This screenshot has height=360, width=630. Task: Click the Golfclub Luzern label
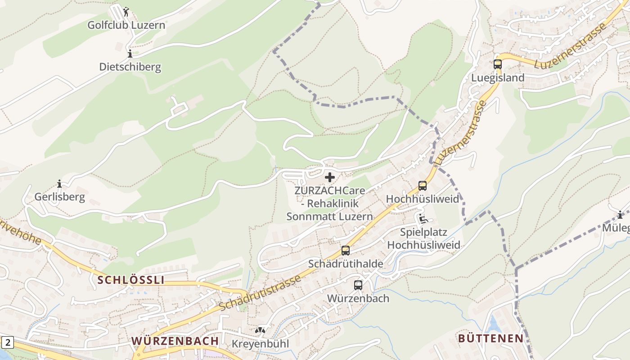point(126,25)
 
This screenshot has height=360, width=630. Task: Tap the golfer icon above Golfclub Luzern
point(126,12)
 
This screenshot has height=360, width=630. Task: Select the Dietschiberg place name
point(130,67)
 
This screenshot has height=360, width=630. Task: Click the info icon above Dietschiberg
point(130,54)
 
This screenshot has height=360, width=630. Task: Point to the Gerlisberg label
point(59,197)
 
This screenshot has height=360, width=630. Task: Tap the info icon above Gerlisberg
point(59,184)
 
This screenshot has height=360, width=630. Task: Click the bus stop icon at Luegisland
point(497,64)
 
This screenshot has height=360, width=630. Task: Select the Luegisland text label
point(497,78)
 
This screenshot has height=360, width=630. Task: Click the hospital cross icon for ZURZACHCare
point(330,177)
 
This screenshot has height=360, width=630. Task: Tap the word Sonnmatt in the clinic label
point(307,216)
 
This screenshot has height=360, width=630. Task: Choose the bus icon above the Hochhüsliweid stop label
point(422,186)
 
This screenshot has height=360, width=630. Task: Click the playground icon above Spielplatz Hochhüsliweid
point(423,219)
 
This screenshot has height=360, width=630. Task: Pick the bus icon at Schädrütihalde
point(345,251)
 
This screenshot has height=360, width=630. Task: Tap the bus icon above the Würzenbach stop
point(358,285)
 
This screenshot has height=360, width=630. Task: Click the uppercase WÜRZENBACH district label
point(175,341)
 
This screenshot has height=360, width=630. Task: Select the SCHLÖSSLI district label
point(131,280)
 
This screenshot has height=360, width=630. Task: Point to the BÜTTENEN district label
point(490,338)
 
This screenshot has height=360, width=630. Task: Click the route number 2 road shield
point(8,343)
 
